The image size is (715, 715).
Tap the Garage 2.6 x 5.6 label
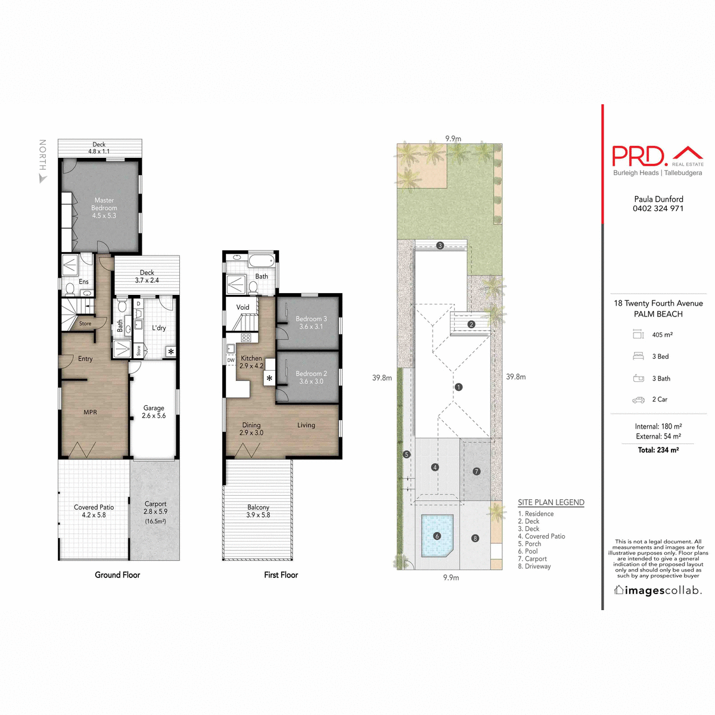pyautogui.click(x=154, y=412)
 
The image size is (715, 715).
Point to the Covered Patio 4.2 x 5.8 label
pyautogui.click(x=94, y=511)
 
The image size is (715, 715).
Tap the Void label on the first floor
pyautogui.click(x=243, y=307)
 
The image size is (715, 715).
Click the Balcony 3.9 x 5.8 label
pyautogui.click(x=258, y=511)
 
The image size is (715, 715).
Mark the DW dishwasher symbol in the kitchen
pyautogui.click(x=231, y=360)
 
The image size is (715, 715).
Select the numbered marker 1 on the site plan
pyautogui.click(x=458, y=387)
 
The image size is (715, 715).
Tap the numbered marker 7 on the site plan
pyautogui.click(x=476, y=471)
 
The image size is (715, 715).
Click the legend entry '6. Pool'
pyautogui.click(x=528, y=551)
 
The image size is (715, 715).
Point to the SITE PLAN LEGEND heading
pyautogui.click(x=551, y=502)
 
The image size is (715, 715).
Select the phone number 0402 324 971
pyautogui.click(x=658, y=209)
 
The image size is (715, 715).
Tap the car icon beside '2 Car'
pyautogui.click(x=638, y=400)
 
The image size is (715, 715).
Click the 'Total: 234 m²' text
pyautogui.click(x=658, y=450)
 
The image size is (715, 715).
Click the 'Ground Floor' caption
pyautogui.click(x=117, y=575)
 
